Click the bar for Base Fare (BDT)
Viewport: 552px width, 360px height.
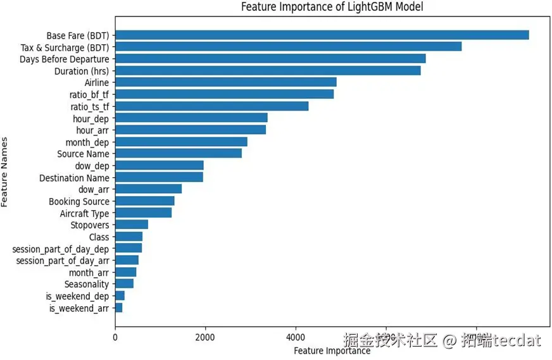point(322,35)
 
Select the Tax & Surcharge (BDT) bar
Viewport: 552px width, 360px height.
point(288,47)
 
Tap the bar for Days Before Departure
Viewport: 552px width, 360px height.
point(270,59)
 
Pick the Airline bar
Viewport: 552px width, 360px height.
point(225,82)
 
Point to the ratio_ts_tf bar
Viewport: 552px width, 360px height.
point(211,106)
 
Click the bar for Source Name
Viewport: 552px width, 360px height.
point(178,154)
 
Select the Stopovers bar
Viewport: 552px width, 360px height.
point(131,225)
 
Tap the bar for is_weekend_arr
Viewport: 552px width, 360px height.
point(118,308)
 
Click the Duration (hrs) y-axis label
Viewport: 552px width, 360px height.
point(82,71)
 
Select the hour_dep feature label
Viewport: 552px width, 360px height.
point(91,118)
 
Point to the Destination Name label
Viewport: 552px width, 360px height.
point(74,178)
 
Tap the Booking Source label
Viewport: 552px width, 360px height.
point(79,202)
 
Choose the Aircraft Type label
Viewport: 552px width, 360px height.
point(84,214)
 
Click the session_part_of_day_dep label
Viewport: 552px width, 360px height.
point(61,249)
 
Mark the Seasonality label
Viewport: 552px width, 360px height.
point(86,285)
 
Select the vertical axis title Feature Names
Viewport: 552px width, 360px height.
point(5,171)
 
